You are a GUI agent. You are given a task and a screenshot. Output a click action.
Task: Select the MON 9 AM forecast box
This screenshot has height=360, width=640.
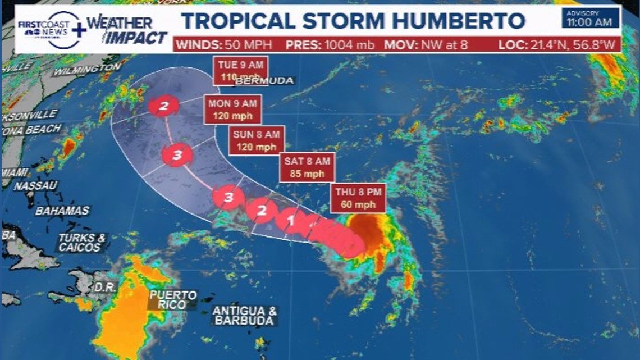click(x=234, y=110)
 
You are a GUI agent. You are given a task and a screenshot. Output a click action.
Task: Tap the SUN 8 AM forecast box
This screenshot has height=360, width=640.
click(x=257, y=140)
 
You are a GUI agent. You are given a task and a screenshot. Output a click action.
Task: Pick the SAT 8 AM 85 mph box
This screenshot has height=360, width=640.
click(x=307, y=167)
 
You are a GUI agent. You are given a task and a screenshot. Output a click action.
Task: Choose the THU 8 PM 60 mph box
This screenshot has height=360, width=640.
click(x=358, y=198)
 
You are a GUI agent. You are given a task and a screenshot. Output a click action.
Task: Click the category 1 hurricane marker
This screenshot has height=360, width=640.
click(x=290, y=220)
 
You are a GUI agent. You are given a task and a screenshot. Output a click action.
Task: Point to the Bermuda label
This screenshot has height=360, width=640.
click(x=264, y=81)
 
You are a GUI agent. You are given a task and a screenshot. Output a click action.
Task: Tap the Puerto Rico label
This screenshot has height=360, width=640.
click(x=173, y=300)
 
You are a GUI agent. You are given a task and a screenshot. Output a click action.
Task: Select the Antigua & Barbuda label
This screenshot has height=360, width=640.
click(x=245, y=316)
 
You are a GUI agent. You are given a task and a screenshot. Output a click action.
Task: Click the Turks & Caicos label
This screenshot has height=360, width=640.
click(x=82, y=243)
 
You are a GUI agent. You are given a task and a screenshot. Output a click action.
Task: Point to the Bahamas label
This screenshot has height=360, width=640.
click(x=62, y=211)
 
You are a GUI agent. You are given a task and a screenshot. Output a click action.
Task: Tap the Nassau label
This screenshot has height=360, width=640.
click(x=36, y=186)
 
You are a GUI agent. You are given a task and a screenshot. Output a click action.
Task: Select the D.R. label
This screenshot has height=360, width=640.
click(x=105, y=287)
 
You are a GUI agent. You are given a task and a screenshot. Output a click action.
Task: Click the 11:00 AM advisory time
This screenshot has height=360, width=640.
click(x=591, y=22)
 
